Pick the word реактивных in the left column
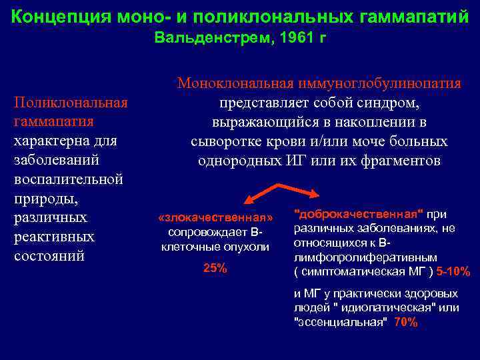click(54, 237)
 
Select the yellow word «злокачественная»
click(215, 218)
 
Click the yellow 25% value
click(215, 268)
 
